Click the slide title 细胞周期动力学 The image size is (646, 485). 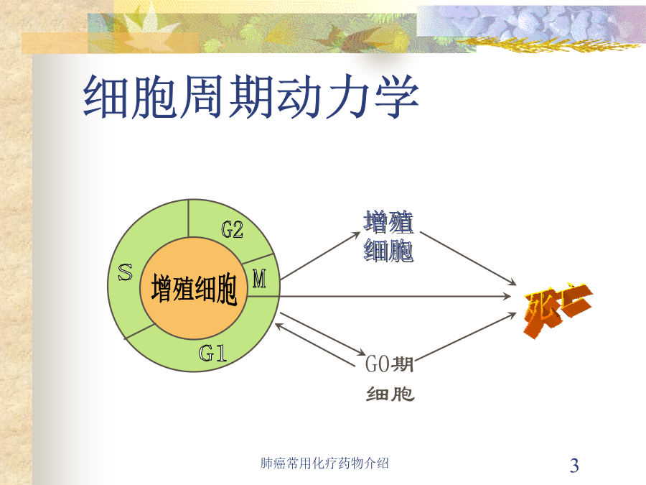click(251, 97)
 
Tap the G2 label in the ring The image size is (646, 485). click(233, 230)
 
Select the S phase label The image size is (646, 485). click(125, 272)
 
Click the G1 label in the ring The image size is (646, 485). click(212, 353)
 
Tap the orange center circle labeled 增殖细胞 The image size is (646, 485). click(194, 289)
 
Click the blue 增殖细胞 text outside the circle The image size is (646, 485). click(388, 236)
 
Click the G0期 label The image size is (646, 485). click(389, 364)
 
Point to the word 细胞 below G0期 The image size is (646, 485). click(390, 394)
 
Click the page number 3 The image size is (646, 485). click(574, 465)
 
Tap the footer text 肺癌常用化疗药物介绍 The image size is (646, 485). click(324, 463)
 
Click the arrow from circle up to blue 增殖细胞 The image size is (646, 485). click(321, 256)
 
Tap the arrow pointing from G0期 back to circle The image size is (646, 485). click(315, 345)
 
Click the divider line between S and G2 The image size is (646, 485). click(188, 218)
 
